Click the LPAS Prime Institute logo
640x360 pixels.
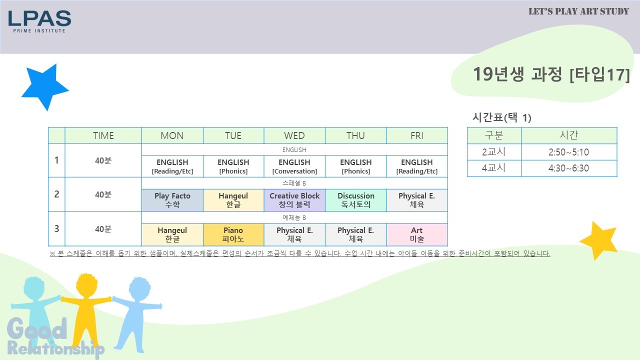(x=39, y=21)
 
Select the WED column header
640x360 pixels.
(x=294, y=135)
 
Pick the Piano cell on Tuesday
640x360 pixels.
(x=233, y=234)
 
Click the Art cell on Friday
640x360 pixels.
(x=417, y=234)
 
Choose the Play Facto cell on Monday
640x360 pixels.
(x=172, y=200)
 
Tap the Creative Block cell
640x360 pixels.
(x=294, y=200)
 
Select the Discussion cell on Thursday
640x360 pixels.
(x=355, y=200)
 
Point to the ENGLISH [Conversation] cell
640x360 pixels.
(x=294, y=166)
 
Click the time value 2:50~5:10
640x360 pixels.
(x=568, y=152)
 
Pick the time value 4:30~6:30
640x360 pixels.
(x=568, y=168)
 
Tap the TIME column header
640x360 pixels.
(x=103, y=135)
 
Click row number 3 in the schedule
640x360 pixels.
(x=56, y=228)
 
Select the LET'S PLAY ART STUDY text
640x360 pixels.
(x=578, y=11)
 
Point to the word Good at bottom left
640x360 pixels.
(x=37, y=328)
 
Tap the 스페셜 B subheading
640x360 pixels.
(x=294, y=183)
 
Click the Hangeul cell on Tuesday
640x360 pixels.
(x=233, y=200)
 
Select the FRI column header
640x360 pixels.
(x=417, y=135)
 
